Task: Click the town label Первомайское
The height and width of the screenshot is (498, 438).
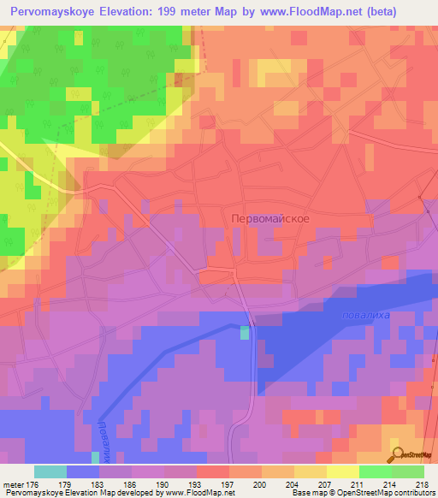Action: [x=269, y=218]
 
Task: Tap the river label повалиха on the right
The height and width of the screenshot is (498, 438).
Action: [x=364, y=316]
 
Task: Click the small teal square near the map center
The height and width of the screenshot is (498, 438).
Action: [x=246, y=332]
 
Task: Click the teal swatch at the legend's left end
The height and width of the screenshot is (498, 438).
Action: [x=50, y=471]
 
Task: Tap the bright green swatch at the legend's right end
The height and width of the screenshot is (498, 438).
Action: [x=407, y=471]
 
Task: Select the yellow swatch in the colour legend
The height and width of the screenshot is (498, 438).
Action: [x=342, y=471]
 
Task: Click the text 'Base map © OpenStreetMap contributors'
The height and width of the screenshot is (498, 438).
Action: [x=362, y=494]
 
